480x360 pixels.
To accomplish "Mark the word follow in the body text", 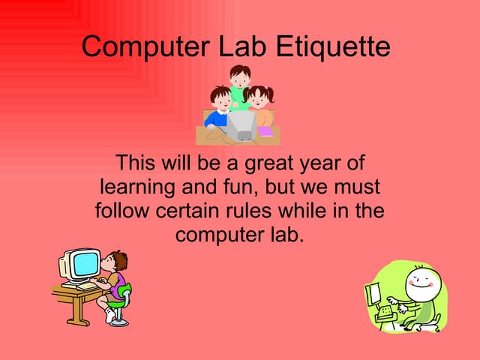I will point(122,210).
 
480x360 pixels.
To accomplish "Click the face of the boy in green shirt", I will point(239,76).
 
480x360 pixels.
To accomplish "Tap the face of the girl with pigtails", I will point(259,97).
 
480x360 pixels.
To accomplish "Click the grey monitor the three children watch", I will point(241,124).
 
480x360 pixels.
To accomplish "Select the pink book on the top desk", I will point(265,131).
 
